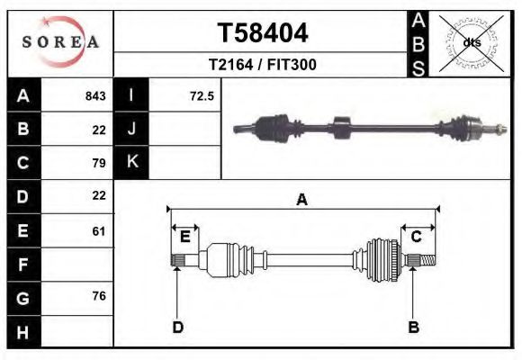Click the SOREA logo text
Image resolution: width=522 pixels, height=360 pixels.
coord(60,42)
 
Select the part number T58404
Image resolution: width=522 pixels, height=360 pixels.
coord(263,33)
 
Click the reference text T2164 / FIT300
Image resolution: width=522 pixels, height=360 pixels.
coord(263,65)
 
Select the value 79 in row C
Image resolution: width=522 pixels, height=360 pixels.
coord(99,163)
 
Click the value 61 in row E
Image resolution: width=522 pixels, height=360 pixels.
coord(99,230)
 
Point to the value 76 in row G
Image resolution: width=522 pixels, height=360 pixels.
coord(99,297)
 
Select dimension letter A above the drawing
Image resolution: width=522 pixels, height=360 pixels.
coord(301,200)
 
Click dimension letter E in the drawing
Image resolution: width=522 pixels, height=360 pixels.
coord(184,237)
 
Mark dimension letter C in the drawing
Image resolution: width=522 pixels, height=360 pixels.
coord(417,237)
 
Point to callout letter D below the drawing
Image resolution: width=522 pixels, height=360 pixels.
coord(177,327)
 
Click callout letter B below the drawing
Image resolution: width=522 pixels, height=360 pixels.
coord(414,327)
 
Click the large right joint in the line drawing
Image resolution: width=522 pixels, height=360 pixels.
coord(382,260)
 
